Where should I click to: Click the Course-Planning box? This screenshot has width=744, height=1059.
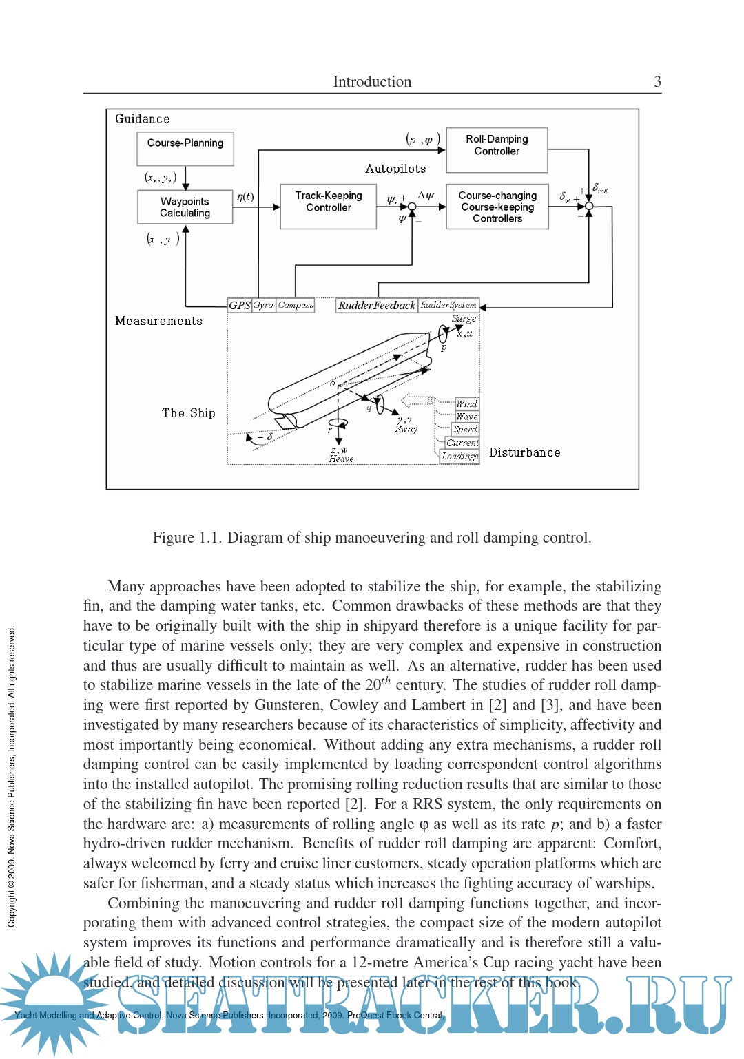[185, 148]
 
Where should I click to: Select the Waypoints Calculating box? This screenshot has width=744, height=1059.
[185, 207]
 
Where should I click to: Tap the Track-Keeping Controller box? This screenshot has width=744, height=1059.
[329, 205]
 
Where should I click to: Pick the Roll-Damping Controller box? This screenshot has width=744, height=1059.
[497, 149]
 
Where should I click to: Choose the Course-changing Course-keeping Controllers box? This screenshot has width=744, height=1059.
[497, 206]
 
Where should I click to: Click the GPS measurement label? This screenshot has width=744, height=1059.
[239, 305]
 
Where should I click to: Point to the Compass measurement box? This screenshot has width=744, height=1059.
[296, 305]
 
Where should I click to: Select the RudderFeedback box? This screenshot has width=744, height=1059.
[376, 305]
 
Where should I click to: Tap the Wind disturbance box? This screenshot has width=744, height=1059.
[466, 403]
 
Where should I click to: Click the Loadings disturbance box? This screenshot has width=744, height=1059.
[459, 456]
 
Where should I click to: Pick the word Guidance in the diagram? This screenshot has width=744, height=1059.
[143, 118]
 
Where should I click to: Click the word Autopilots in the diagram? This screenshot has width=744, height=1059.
[395, 169]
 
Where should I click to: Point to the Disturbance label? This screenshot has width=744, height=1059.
[525, 452]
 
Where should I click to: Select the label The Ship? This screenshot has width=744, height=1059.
[189, 413]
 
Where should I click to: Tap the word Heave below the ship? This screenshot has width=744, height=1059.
[341, 459]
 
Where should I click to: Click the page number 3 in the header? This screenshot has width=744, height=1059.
[657, 81]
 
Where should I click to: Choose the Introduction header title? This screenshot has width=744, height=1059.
[372, 81]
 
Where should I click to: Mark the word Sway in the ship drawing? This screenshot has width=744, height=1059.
[406, 429]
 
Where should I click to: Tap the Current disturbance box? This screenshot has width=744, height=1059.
[462, 443]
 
